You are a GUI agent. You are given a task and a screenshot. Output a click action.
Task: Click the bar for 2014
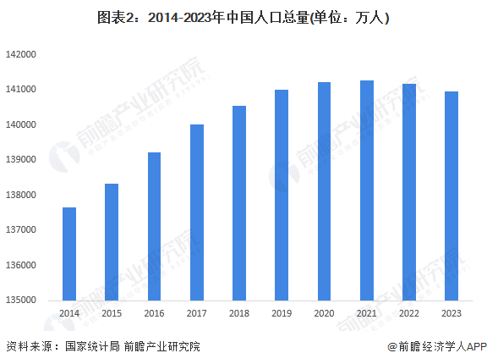click(69, 254)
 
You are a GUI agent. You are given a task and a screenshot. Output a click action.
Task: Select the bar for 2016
click(154, 226)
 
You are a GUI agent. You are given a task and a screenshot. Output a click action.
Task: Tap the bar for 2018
click(239, 203)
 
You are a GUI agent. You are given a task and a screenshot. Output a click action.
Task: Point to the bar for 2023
click(451, 196)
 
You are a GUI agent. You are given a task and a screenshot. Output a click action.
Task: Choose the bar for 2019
click(282, 195)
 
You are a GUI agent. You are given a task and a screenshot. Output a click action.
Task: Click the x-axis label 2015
click(112, 314)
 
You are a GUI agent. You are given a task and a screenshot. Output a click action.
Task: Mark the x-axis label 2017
click(197, 314)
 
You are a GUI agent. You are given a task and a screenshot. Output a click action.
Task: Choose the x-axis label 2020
click(324, 314)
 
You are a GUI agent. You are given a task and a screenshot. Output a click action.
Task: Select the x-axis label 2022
click(409, 314)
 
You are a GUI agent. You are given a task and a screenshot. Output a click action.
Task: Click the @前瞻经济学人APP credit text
click(433, 346)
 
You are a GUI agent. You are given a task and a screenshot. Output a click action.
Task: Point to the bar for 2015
click(112, 242)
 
